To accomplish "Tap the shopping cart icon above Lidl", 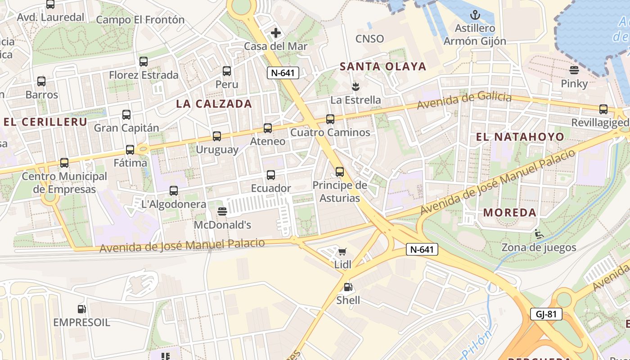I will coord(342,252).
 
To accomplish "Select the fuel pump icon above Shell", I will coord(347,287).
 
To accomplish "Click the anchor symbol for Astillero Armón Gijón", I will coord(475,15).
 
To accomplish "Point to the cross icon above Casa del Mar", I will coord(276,33).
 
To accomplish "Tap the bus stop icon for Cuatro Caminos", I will coord(330,119).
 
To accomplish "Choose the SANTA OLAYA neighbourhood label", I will coord(382,67).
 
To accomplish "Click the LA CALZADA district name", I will coord(214,104).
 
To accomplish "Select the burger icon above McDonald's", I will coord(222,211).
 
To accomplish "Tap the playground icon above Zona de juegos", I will coord(538,234).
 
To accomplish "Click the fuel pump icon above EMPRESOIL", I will coord(81,309).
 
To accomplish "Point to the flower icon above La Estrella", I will coord(355,86).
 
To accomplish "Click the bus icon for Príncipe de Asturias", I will coord(340,172).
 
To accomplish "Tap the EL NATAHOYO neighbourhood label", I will coord(520,137).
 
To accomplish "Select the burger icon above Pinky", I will coord(574,70).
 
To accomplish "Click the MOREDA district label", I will coord(510,212).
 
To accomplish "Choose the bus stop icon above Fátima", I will coord(130,150).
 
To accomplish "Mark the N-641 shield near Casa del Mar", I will coord(283,73).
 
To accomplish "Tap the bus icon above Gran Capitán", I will coord(126,115).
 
